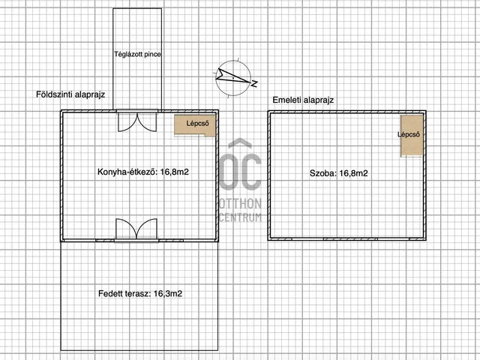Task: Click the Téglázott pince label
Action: pyautogui.click(x=137, y=55)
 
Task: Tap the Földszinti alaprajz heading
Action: pyautogui.click(x=70, y=94)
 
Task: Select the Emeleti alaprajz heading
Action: pyautogui.click(x=303, y=100)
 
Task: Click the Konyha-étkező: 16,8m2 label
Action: pyautogui.click(x=143, y=172)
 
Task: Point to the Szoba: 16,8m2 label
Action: pyautogui.click(x=338, y=173)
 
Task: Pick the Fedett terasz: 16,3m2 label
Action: pyautogui.click(x=140, y=294)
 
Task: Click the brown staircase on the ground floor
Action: pyautogui.click(x=195, y=125)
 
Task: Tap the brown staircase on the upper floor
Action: pyautogui.click(x=412, y=136)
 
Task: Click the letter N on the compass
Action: pyautogui.click(x=254, y=83)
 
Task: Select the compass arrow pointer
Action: pyautogui.click(x=232, y=76)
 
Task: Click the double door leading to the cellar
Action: pyautogui.click(x=137, y=121)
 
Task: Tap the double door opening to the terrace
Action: pyautogui.click(x=136, y=229)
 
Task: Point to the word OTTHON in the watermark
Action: pyautogui.click(x=240, y=203)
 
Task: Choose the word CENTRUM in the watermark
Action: pyautogui.click(x=240, y=217)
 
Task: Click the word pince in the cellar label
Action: pyautogui.click(x=152, y=55)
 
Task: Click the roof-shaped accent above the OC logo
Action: pyautogui.click(x=240, y=142)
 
